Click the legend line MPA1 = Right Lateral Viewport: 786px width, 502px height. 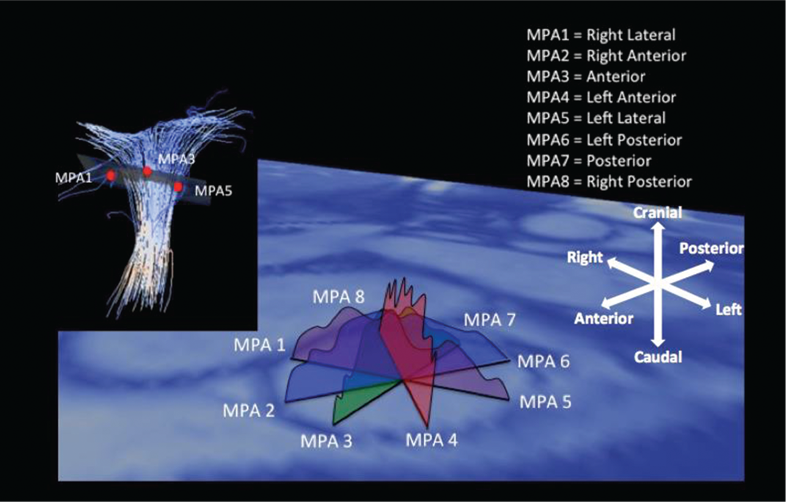coord(601,35)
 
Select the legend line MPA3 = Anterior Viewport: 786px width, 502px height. coord(586,76)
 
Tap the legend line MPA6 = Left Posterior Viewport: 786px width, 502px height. coord(604,140)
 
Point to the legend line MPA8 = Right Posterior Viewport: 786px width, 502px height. coord(609,182)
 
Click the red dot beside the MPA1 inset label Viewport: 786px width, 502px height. coord(111,175)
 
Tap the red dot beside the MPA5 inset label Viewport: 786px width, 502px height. coord(178,187)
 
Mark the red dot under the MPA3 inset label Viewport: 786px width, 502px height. coord(147,172)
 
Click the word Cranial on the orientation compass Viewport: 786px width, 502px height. coord(658,213)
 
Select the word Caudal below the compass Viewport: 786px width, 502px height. coord(658,357)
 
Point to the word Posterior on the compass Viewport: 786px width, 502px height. coord(712,248)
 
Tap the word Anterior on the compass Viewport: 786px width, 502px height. coord(604,319)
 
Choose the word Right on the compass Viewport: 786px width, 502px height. coord(584,258)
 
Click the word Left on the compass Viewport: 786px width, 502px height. coord(728,310)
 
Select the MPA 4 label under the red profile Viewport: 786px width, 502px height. coord(431,440)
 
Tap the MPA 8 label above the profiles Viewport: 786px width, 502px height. coord(338,297)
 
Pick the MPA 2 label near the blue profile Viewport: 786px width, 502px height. coord(248,410)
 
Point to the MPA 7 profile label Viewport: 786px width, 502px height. coord(490,320)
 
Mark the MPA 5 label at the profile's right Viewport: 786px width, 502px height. coord(545,402)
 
